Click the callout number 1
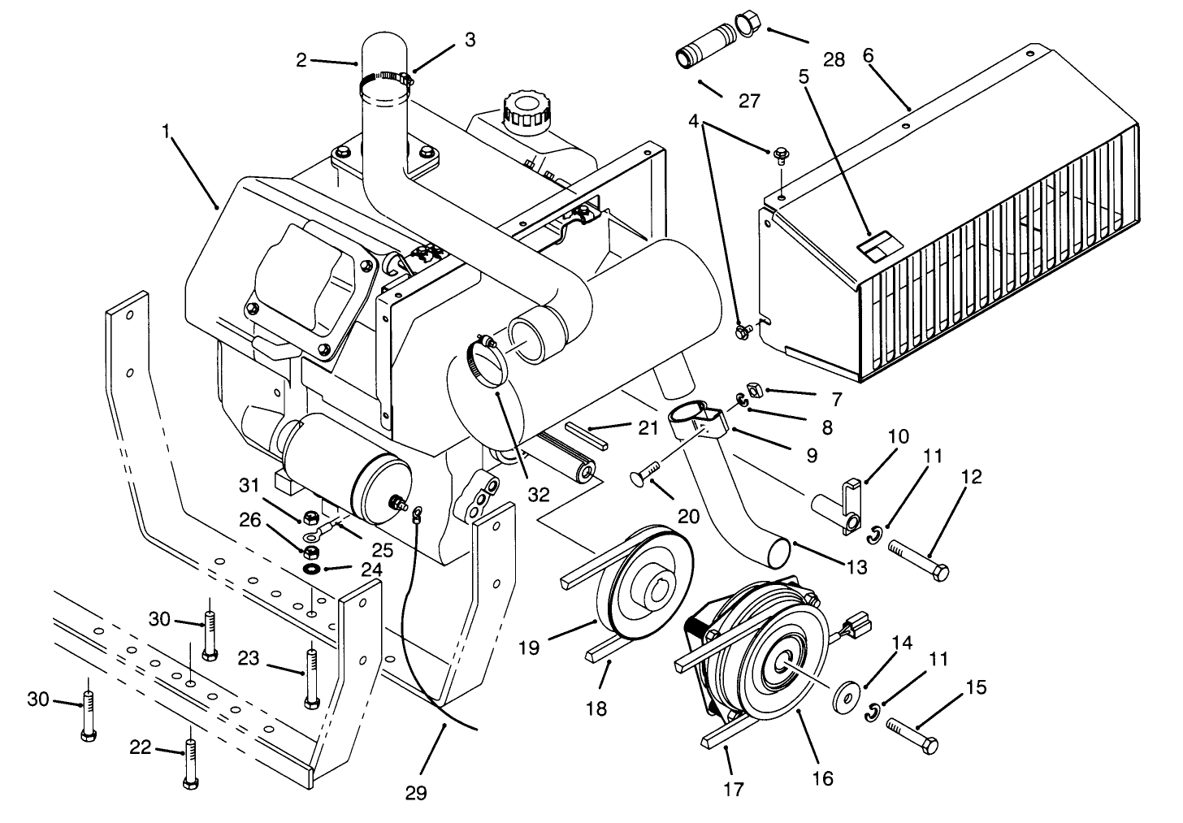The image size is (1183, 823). [x=167, y=132]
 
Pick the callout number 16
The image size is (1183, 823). [x=823, y=778]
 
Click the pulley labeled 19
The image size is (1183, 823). [x=642, y=583]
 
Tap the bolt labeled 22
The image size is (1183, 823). [x=190, y=757]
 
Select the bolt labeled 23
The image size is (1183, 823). [x=310, y=675]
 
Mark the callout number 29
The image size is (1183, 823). [x=416, y=793]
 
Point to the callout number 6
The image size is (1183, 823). [x=868, y=55]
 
